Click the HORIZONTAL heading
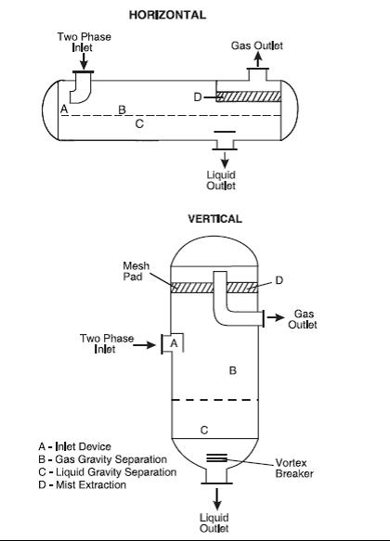167,15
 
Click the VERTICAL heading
214,219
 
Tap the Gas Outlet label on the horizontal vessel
257,45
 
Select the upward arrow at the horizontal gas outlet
258,59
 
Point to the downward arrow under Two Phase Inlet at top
84,61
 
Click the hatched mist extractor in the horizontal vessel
249,97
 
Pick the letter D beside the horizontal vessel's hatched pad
198,97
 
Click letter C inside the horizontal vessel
139,123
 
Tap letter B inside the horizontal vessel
122,109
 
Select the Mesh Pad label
136,271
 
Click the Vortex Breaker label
294,468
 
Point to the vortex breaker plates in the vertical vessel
216,457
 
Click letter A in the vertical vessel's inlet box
174,343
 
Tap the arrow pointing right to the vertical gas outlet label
276,317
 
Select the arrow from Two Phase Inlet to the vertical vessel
144,344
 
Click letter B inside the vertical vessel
233,370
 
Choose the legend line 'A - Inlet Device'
74,446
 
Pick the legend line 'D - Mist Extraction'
82,484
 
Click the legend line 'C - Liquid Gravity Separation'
108,472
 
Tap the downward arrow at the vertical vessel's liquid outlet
216,498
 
